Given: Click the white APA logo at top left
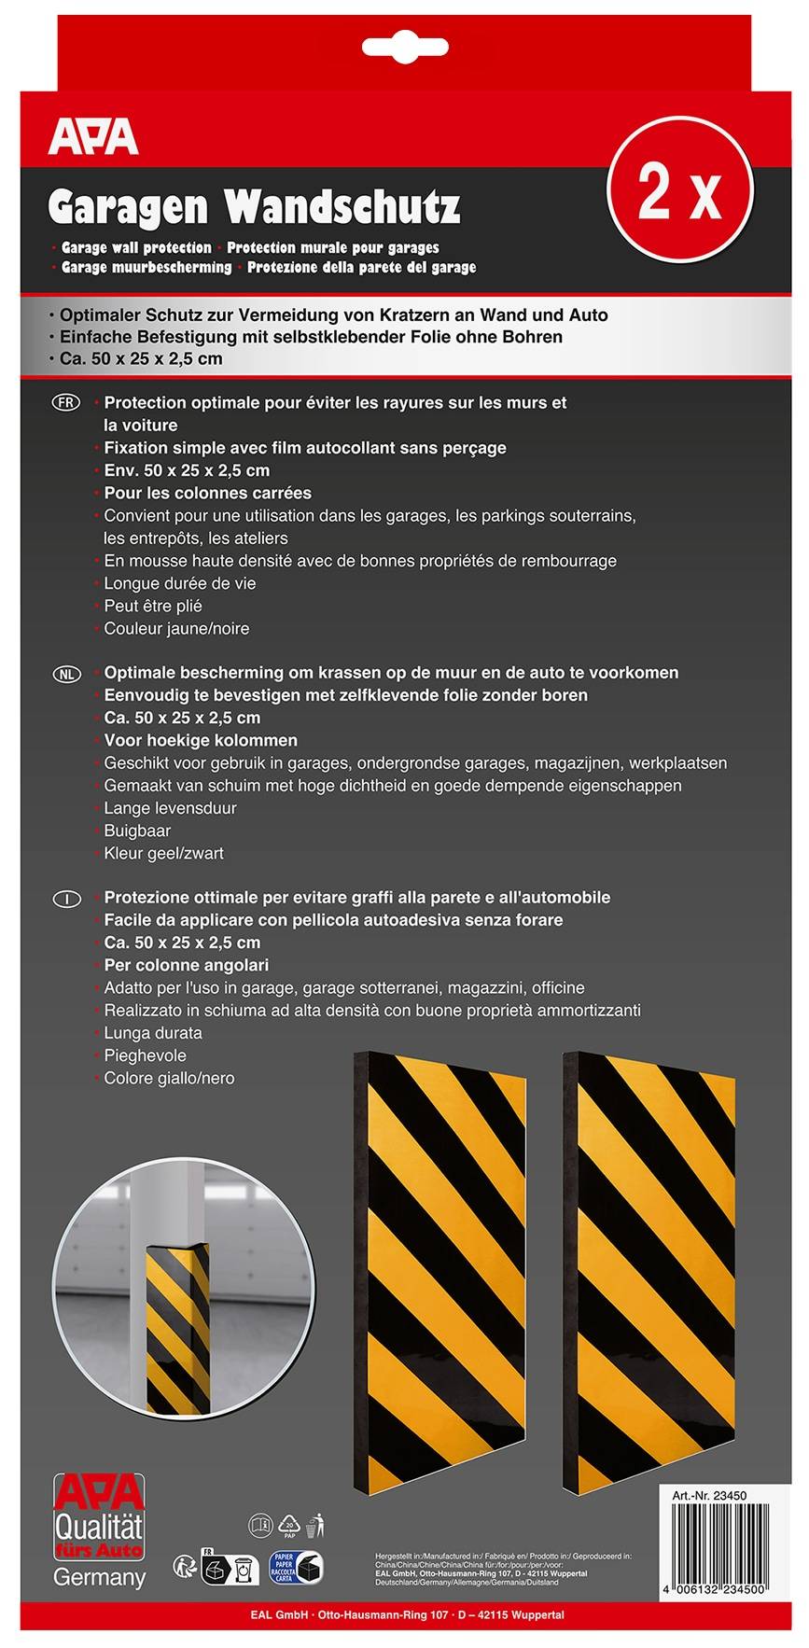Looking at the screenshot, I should tap(93, 137).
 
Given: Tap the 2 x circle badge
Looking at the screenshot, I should tap(680, 190).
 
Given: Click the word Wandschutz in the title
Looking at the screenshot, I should tap(342, 207).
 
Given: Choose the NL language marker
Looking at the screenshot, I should tap(67, 673).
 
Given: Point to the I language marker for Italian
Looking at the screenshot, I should tap(67, 899).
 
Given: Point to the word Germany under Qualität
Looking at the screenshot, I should tap(99, 1577).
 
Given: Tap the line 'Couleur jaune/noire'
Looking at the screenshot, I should tap(176, 629).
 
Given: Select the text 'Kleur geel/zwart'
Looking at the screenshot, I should tap(163, 854).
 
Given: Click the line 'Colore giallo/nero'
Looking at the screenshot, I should tap(169, 1079).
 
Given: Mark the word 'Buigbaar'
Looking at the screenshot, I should tap(137, 831).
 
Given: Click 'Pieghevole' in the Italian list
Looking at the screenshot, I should tap(145, 1056).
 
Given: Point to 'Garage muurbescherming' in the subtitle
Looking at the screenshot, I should tap(146, 268).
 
